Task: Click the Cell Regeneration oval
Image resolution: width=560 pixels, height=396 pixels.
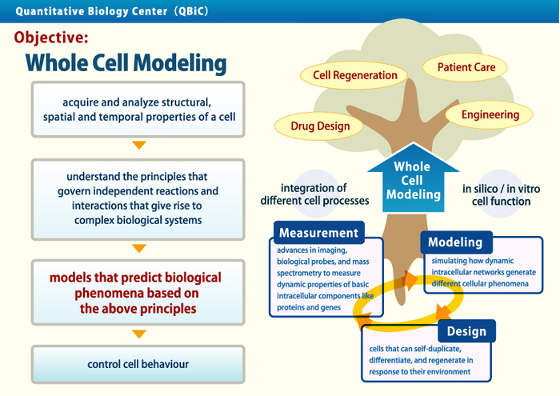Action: click(x=354, y=76)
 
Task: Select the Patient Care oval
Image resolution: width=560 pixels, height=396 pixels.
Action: click(x=466, y=67)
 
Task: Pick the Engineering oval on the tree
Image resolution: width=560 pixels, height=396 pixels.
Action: click(x=490, y=114)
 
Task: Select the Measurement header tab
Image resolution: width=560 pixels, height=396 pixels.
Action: click(x=318, y=233)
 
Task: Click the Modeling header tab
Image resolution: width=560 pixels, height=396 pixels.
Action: click(x=454, y=242)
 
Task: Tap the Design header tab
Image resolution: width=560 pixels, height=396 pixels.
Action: click(x=466, y=331)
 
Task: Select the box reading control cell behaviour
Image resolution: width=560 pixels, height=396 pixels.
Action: click(x=138, y=364)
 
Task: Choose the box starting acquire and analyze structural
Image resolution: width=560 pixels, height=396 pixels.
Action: click(x=138, y=110)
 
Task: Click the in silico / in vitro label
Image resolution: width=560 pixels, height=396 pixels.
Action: click(x=496, y=195)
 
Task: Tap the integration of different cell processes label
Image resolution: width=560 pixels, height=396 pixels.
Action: click(x=314, y=194)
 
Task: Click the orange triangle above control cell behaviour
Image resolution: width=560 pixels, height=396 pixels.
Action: click(x=139, y=334)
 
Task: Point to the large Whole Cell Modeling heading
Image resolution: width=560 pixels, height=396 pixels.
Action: click(x=126, y=64)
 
